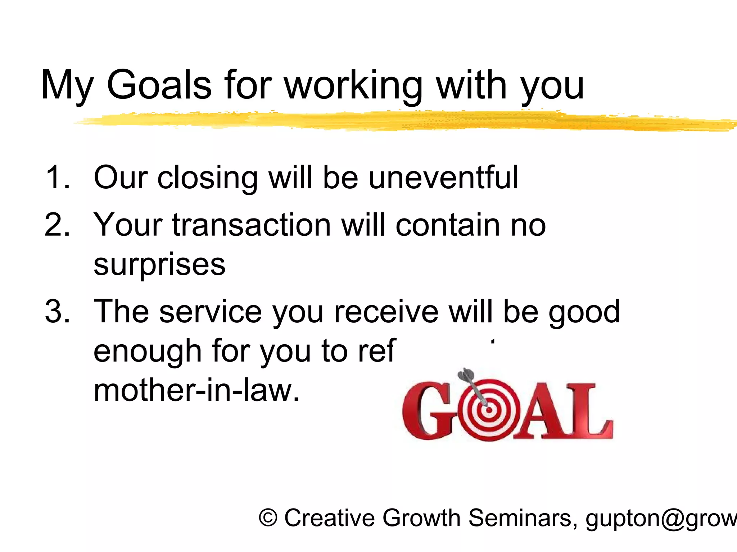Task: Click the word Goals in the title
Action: click(159, 85)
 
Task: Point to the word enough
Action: click(147, 351)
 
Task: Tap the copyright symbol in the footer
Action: click(268, 518)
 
